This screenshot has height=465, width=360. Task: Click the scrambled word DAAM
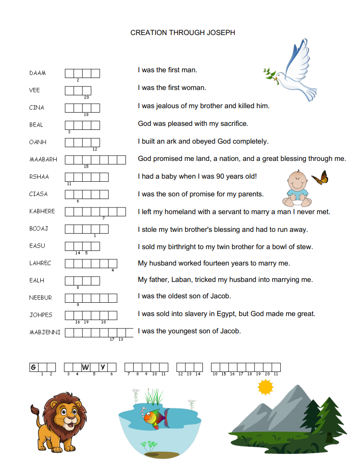(x=38, y=73)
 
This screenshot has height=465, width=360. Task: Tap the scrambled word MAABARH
(x=43, y=159)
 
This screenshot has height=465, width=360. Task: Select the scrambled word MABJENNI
(x=45, y=332)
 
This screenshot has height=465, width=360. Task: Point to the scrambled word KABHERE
(x=42, y=211)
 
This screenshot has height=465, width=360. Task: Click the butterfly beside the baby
(x=320, y=178)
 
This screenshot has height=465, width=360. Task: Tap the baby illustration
(x=296, y=188)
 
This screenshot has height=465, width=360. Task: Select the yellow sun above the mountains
(x=266, y=388)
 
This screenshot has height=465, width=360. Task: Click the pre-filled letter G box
(x=33, y=367)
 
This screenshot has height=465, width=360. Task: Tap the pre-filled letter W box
(x=85, y=367)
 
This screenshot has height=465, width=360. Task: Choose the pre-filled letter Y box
(x=103, y=367)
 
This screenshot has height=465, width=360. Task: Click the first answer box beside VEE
(x=70, y=90)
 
